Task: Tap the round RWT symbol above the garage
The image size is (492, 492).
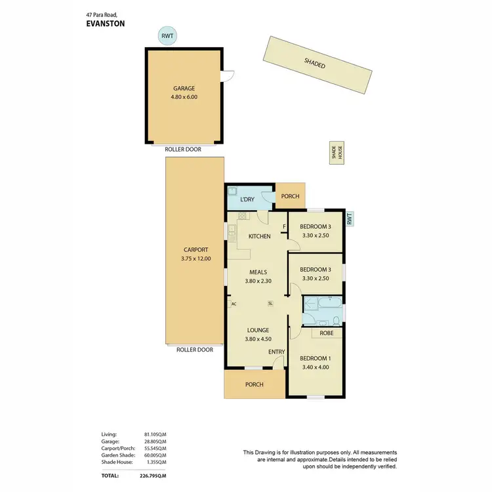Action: click(x=168, y=36)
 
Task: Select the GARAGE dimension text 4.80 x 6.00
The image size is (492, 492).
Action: click(x=184, y=97)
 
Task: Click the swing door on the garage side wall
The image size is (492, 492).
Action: click(x=227, y=77)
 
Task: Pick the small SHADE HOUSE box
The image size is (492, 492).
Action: click(x=337, y=153)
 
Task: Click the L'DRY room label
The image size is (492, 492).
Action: click(x=247, y=199)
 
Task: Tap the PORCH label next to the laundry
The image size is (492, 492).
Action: click(x=290, y=196)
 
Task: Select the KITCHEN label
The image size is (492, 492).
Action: click(x=259, y=236)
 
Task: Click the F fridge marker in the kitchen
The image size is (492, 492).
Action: click(x=284, y=228)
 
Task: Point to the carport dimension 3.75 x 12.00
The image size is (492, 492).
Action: click(x=195, y=258)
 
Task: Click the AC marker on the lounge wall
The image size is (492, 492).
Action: click(x=233, y=304)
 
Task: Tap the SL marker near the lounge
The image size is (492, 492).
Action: click(x=270, y=304)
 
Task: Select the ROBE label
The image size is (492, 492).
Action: click(x=326, y=333)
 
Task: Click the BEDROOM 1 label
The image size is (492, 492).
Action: click(x=316, y=358)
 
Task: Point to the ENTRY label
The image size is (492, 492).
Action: click(x=276, y=352)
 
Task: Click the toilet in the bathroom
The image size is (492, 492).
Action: click(x=336, y=320)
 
